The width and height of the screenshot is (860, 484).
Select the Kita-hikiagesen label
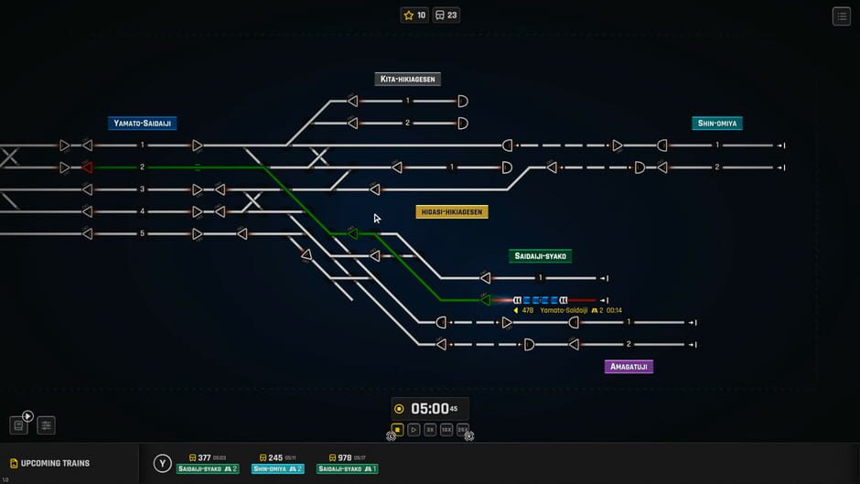pos(408,80)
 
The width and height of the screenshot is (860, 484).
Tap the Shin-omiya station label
pos(717,124)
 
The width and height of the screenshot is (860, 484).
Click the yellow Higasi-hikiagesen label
pos(452,212)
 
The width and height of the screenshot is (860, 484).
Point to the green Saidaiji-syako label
pos(541,256)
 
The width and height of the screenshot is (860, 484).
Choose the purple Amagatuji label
pos(629,367)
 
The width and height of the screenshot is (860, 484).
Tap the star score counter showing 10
pos(414,16)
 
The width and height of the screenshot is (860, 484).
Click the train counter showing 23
pos(446,16)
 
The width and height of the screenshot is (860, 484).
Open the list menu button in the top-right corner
pos(841,16)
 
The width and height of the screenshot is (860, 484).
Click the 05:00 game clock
pos(430,409)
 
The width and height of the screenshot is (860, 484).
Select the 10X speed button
pos(446,430)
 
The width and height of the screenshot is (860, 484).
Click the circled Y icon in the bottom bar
pos(162,464)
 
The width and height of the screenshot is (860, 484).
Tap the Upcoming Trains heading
pos(55,464)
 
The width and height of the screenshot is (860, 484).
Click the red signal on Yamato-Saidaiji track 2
pos(88,167)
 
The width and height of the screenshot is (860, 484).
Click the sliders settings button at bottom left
pos(46,425)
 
